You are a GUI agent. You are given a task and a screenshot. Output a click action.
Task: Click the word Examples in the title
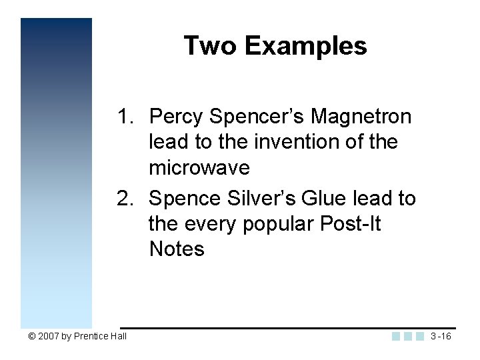click(x=305, y=46)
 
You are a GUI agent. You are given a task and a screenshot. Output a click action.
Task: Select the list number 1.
click(x=125, y=117)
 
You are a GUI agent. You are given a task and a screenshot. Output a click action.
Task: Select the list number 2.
click(x=125, y=198)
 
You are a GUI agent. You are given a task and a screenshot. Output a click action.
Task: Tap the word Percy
click(x=176, y=117)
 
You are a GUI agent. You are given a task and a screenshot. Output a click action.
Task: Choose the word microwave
click(x=199, y=168)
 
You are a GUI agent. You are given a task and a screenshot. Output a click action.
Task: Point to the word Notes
click(x=177, y=249)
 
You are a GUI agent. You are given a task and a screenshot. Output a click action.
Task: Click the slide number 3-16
click(x=441, y=336)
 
